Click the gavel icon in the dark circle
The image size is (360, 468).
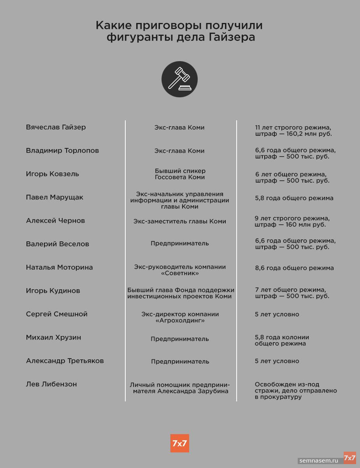pos(179,79)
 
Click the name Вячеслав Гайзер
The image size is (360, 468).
pos(56,127)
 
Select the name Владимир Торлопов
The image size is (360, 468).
pos(62,151)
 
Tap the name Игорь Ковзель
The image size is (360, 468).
pos(52,174)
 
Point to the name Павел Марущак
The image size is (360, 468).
pos(54,197)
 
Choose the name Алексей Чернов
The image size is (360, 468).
pos(55,221)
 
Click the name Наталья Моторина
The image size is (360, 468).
pos(59,267)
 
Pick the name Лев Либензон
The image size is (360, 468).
pos(51,384)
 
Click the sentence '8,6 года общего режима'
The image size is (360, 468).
pos(294,268)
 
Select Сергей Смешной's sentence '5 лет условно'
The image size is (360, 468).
pos(277,314)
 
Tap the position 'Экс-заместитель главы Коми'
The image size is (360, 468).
pos(179,221)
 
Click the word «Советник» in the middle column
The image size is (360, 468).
pos(180,273)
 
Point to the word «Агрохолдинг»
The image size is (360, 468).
pos(180,320)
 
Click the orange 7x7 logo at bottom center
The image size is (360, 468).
pos(179,443)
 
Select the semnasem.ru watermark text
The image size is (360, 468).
pos(319,461)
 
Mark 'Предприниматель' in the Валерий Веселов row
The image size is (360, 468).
pos(179,243)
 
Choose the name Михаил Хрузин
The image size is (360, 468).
pos(53,338)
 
